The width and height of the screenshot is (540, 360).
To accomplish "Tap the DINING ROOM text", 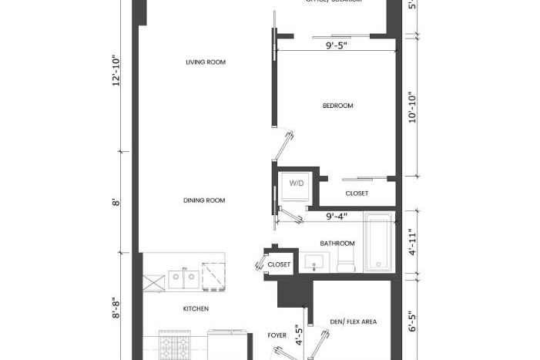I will (x=204, y=200).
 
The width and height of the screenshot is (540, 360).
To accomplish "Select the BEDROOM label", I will (x=337, y=106).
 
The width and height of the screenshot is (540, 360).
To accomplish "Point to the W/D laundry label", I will (x=296, y=184).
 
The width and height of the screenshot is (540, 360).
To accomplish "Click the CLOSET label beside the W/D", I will (x=356, y=193).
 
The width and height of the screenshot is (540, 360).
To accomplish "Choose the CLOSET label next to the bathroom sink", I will (x=279, y=264).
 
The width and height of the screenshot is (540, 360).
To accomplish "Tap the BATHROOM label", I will (x=337, y=244).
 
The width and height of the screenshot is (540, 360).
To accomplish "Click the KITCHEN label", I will (x=196, y=308).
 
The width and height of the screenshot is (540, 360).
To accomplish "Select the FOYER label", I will (x=277, y=335).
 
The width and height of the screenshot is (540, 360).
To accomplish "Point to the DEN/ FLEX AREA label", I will (x=353, y=321).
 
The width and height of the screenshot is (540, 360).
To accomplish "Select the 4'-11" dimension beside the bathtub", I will (x=412, y=241).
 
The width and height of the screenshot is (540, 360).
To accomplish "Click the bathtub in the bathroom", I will (x=378, y=243).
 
